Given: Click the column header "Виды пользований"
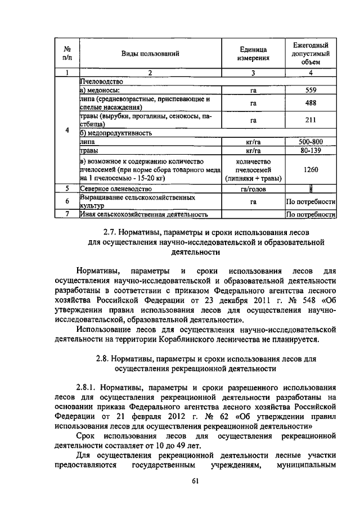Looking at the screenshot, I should pos(150,54).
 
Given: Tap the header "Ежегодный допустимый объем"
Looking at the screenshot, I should pos(310,53).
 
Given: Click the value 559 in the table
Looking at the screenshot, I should pos(310,90).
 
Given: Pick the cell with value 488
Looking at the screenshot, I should pos(310,103).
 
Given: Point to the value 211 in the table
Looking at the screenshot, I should pos(310,120).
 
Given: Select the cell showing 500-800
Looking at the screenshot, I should pos(310,142).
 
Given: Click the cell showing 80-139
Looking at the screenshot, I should pos(310,151).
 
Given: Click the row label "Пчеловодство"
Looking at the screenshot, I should pos(102,82).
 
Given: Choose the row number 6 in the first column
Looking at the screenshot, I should pos(67,201).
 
